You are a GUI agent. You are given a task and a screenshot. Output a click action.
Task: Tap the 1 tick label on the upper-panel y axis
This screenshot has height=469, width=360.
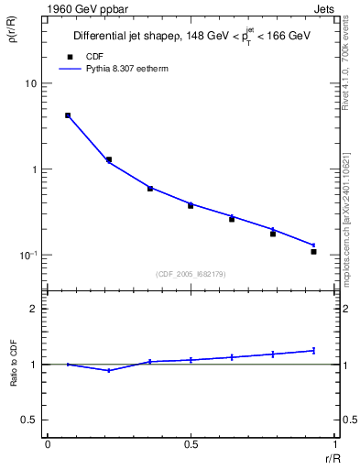point(35,169)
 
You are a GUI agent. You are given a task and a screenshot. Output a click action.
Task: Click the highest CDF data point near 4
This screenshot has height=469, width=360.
point(68,115)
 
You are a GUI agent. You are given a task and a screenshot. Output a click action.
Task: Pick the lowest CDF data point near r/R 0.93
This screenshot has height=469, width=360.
point(313,251)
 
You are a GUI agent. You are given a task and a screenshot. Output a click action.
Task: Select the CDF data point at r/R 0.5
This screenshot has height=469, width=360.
point(191,205)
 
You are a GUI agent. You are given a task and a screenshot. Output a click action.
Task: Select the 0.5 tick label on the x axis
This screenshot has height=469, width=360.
point(191,444)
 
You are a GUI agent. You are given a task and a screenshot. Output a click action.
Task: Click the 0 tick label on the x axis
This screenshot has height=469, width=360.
point(48,444)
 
